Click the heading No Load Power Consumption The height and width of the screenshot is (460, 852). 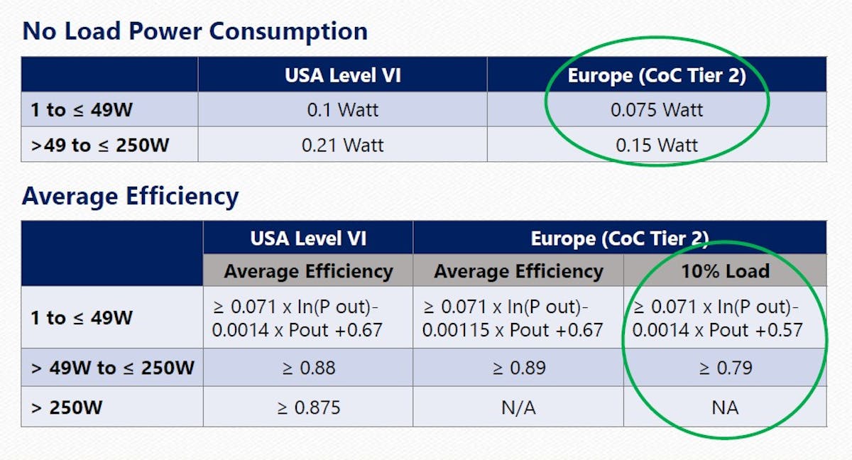tap(195, 31)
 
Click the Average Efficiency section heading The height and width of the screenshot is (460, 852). tap(130, 196)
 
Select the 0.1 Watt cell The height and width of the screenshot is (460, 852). tap(342, 110)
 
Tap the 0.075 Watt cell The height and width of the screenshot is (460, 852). tap(657, 110)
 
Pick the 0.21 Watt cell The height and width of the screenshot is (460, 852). tap(342, 146)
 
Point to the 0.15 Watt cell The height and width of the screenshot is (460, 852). tap(657, 146)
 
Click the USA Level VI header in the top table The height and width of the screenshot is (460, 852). tap(342, 75)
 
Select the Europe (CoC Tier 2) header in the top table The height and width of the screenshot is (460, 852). tap(657, 75)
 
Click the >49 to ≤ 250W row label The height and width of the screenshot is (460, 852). tap(101, 146)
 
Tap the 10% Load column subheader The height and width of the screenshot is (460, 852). tap(725, 270)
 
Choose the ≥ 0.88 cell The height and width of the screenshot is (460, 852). tap(308, 368)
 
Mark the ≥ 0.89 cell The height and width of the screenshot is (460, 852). tap(518, 368)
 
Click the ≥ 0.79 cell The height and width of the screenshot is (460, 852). tap(725, 368)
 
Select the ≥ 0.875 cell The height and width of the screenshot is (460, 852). tap(308, 407)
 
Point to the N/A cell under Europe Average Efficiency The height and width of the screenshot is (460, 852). tap(518, 407)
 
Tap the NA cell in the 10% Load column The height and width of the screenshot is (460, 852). tap(725, 407)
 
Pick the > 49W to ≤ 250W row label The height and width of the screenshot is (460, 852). tap(112, 368)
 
